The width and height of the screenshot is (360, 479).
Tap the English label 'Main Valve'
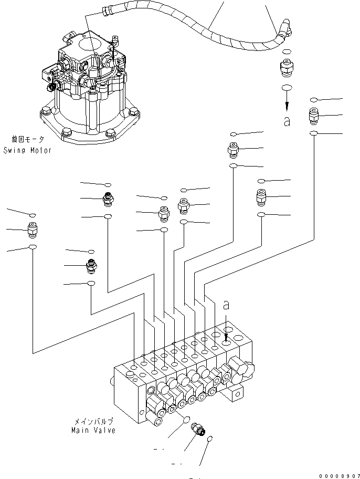[93, 430]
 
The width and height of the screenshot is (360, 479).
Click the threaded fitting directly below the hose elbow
[287, 69]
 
